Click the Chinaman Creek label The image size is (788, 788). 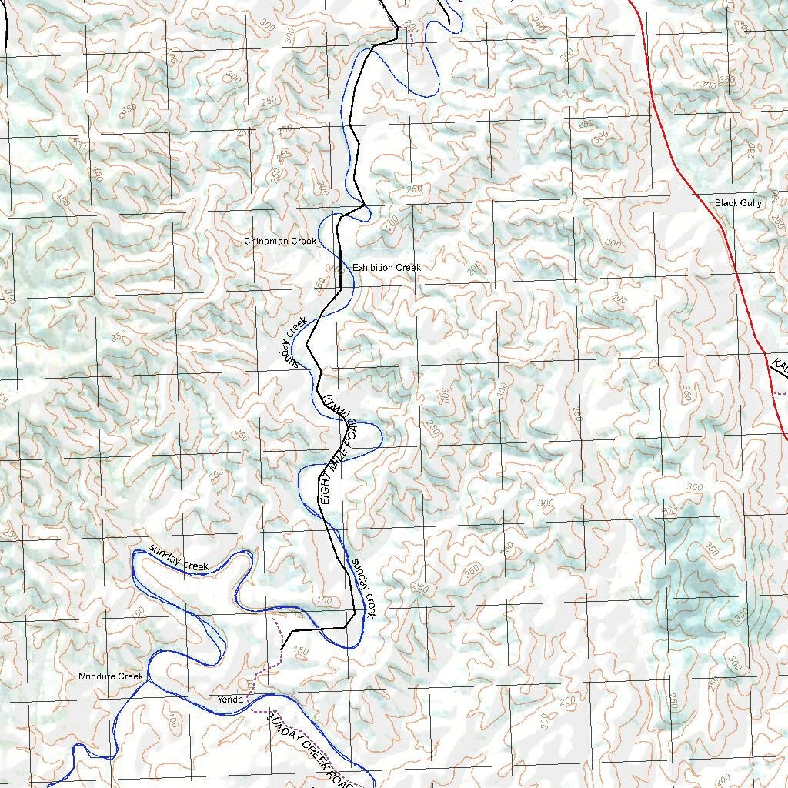(280, 241)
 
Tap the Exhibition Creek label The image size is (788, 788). (386, 267)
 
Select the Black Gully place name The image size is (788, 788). (738, 202)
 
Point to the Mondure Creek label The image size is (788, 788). (111, 676)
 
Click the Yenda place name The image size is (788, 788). (230, 700)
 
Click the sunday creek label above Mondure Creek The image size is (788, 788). (179, 559)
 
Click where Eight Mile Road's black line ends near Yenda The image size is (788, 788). (282, 651)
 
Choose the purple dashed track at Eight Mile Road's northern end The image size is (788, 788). (409, 35)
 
